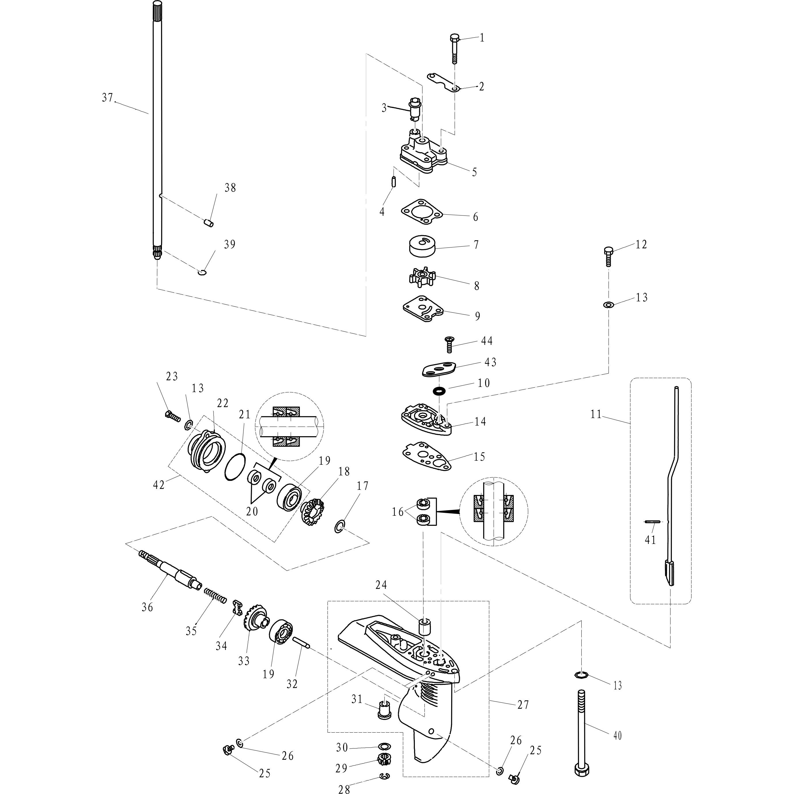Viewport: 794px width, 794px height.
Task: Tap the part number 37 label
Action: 107,98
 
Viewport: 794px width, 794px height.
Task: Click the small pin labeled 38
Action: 209,223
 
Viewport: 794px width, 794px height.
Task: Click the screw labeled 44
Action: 450,344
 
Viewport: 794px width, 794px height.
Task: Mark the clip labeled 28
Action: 384,776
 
